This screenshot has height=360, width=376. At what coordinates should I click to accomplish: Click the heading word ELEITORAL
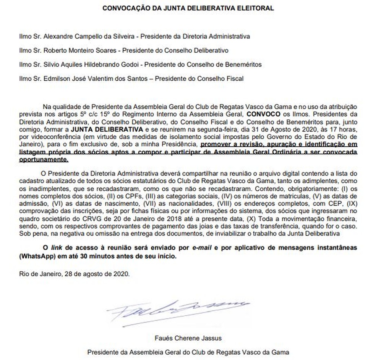260,8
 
